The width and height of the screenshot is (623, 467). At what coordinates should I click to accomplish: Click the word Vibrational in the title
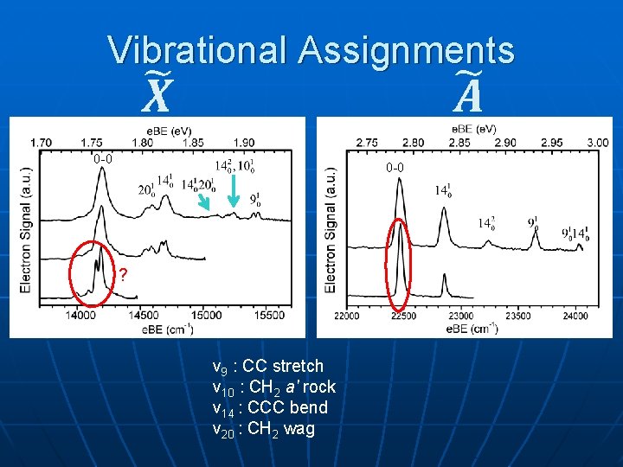pos(198,50)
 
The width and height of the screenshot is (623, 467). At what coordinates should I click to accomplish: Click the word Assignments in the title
pos(406,50)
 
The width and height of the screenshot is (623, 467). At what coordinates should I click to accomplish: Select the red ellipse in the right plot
pos(399,265)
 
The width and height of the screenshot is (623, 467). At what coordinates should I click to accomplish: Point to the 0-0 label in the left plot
pos(102,159)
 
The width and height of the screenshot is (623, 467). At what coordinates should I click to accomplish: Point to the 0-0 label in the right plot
pos(395,167)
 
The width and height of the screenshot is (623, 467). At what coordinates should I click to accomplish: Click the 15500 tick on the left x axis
pos(270,316)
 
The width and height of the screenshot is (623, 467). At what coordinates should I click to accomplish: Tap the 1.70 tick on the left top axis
pos(40,142)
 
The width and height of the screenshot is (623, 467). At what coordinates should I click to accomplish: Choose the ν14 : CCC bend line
pos(270,407)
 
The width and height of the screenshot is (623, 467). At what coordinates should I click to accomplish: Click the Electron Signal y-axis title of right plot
pos(330,229)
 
